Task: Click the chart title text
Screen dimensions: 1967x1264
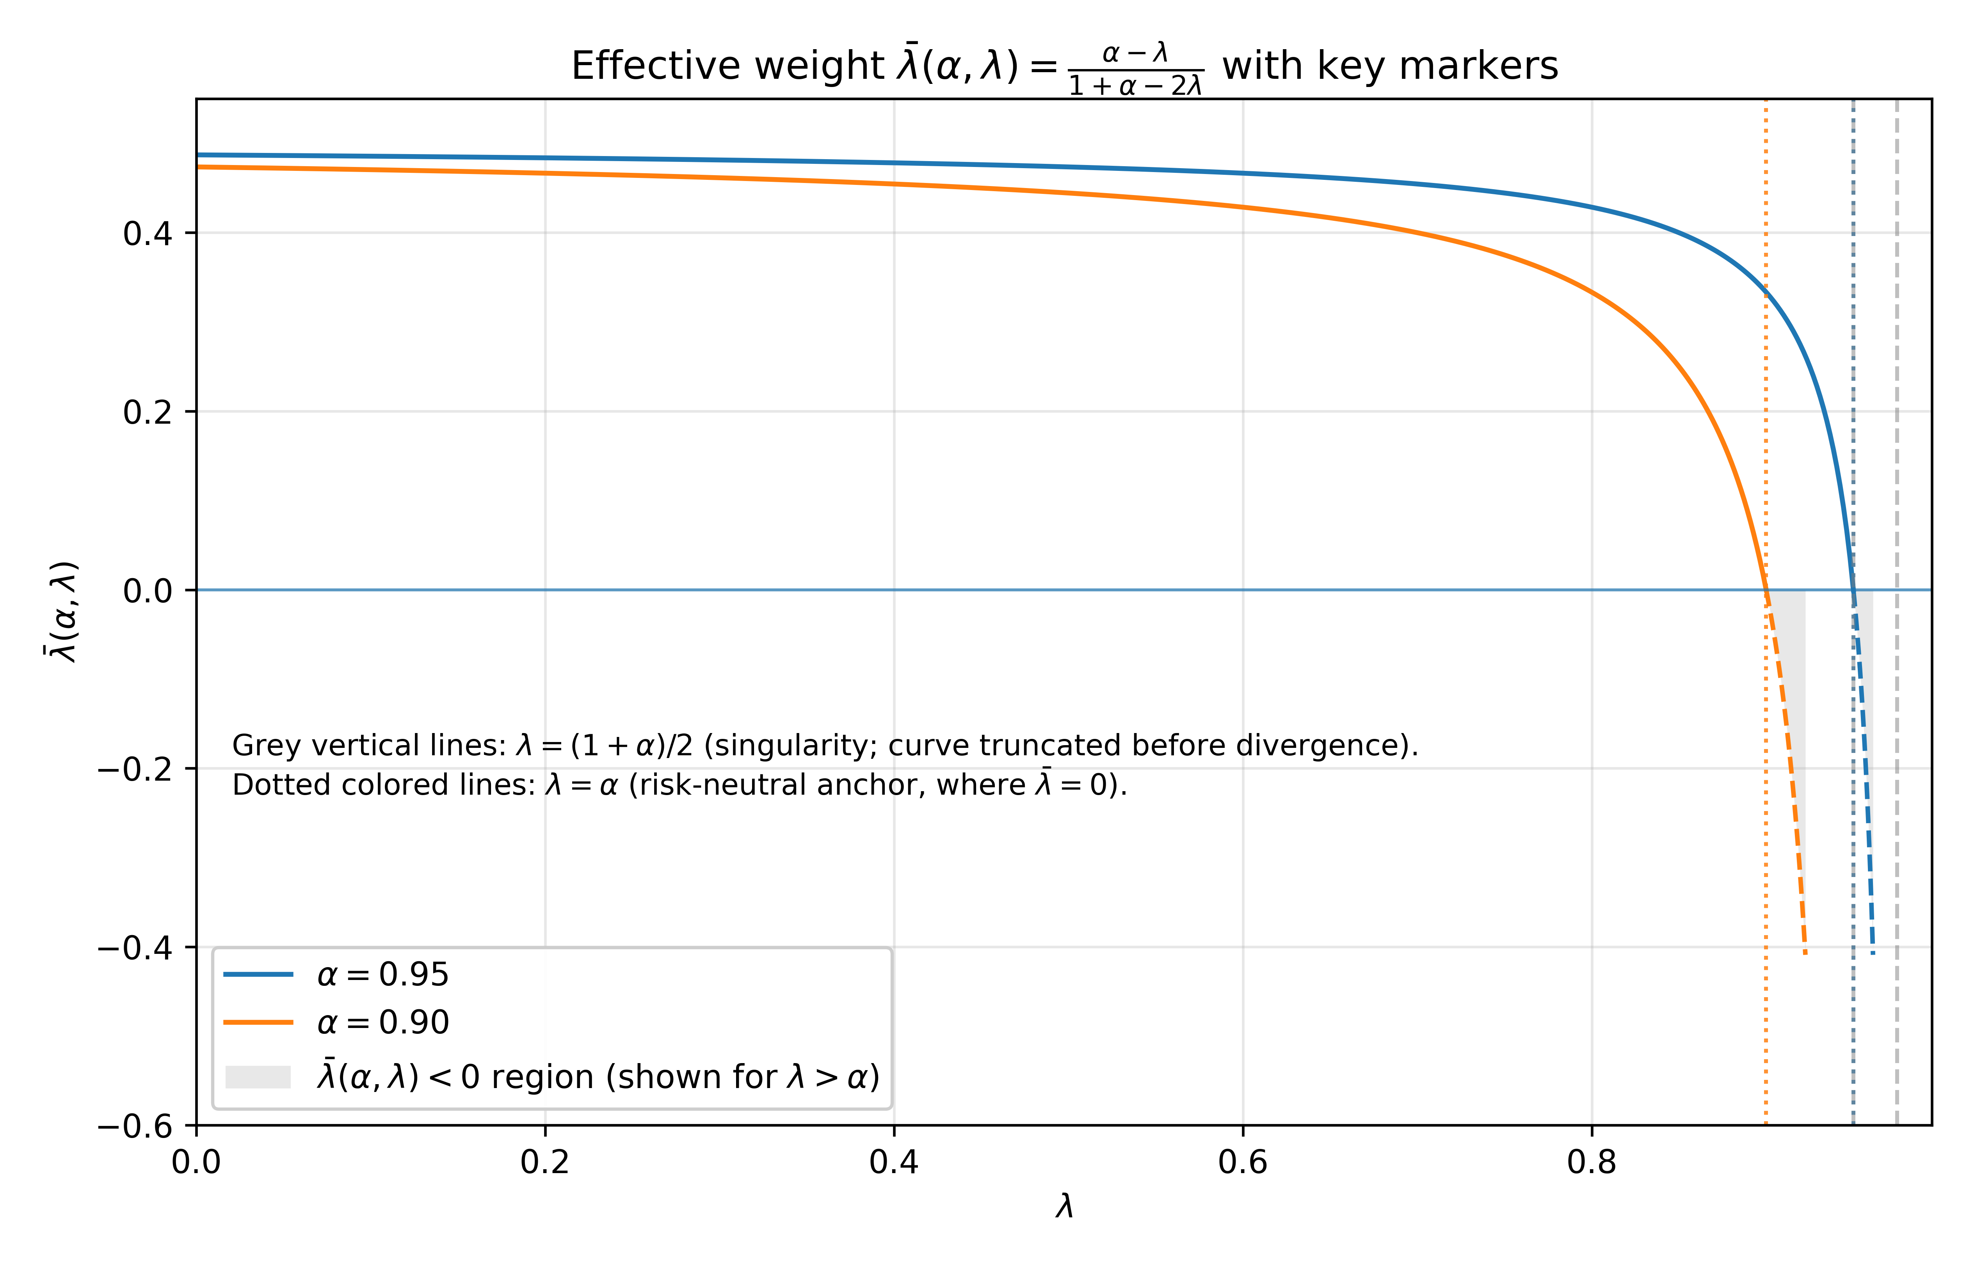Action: pyautogui.click(x=1064, y=66)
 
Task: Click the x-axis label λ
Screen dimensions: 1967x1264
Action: pyautogui.click(x=1064, y=1207)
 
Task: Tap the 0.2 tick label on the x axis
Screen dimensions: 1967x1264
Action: pyautogui.click(x=545, y=1162)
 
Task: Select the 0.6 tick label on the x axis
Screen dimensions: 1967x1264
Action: pyautogui.click(x=1243, y=1162)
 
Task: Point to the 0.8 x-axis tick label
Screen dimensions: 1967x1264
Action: pyautogui.click(x=1592, y=1162)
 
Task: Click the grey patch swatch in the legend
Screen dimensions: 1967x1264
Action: pyautogui.click(x=258, y=1077)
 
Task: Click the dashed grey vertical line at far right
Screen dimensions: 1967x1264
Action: pyautogui.click(x=1896, y=611)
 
